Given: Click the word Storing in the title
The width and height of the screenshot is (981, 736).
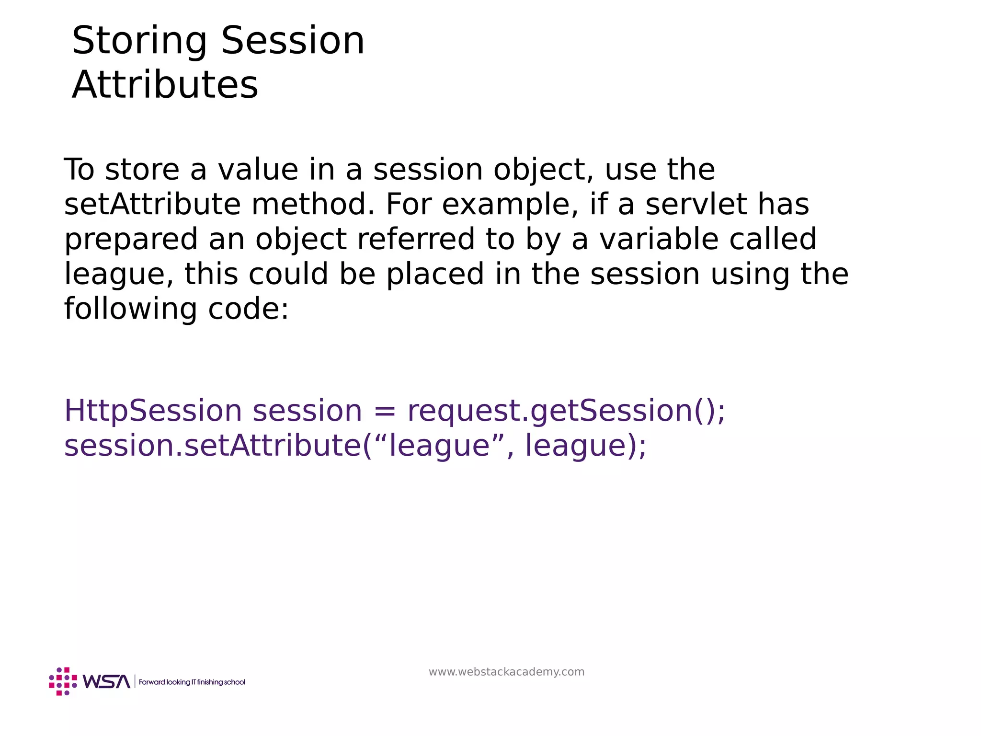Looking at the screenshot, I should point(139,42).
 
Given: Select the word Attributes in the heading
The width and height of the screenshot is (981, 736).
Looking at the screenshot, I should point(165,85).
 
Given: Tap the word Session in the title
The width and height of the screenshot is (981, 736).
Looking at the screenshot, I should point(293,41).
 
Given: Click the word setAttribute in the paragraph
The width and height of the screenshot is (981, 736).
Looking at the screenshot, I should point(152,205).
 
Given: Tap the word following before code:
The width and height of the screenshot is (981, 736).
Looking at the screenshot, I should point(130,309).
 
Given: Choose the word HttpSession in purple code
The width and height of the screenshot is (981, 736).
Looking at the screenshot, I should point(153,411).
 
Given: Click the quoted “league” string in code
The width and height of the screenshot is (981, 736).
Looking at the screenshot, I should point(440,446).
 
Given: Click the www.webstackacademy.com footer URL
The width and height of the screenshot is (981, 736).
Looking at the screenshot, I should point(506,672).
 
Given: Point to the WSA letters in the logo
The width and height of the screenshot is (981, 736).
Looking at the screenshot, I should point(106,681).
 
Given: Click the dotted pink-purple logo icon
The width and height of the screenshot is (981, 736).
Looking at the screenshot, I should point(63,681).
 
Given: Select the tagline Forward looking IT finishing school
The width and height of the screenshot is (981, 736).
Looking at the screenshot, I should point(192,682).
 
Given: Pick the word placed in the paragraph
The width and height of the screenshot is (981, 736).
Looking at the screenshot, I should point(435,274).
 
